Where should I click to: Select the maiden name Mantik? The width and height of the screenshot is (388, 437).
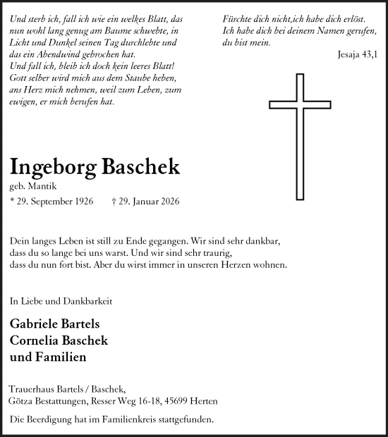(x=41, y=187)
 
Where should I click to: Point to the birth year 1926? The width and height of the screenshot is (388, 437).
(x=81, y=202)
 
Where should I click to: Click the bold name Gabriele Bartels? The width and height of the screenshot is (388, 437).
(x=55, y=324)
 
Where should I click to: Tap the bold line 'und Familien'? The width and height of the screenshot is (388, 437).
(x=48, y=357)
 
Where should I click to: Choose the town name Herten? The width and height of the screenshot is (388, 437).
(x=203, y=401)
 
